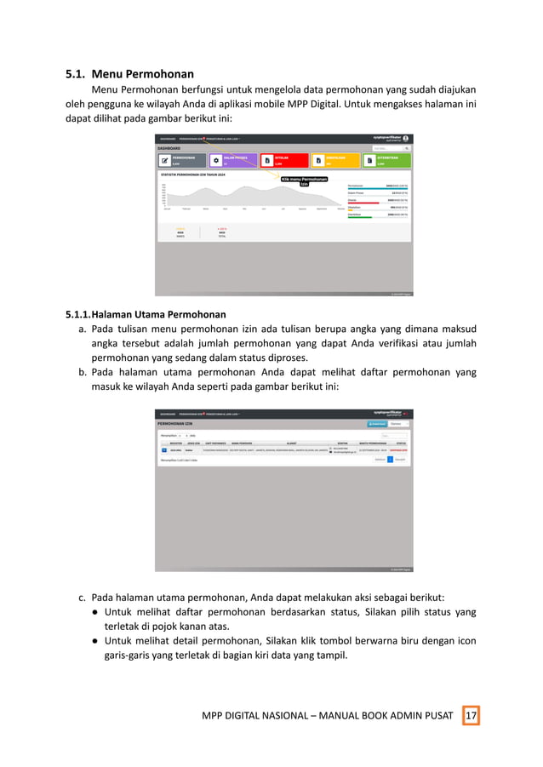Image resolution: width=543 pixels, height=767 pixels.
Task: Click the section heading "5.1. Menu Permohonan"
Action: tap(130, 73)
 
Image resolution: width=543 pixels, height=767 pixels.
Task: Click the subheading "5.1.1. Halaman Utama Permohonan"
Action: tap(146, 314)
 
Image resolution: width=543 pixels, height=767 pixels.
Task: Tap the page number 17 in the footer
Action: tap(471, 715)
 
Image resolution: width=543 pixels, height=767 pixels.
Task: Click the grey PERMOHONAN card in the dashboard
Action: tap(181, 160)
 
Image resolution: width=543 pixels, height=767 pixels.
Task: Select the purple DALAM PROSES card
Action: tap(232, 160)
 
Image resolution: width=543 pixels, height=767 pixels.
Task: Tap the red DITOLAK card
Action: tap(283, 160)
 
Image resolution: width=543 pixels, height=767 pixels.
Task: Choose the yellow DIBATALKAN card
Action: tap(335, 160)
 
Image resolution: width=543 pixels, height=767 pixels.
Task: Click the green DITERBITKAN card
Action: tap(386, 160)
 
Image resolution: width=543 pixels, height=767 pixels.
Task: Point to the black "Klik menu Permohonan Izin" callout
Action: tap(304, 180)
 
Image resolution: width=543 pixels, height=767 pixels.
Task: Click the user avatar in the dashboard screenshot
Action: tap(406, 138)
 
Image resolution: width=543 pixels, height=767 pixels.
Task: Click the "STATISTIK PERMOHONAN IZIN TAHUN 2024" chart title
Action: tap(193, 175)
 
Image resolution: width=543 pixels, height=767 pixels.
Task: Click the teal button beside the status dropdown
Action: tap(376, 423)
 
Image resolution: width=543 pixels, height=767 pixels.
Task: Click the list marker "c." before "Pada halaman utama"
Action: tap(83, 597)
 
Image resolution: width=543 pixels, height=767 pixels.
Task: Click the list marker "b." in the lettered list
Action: tap(83, 372)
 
